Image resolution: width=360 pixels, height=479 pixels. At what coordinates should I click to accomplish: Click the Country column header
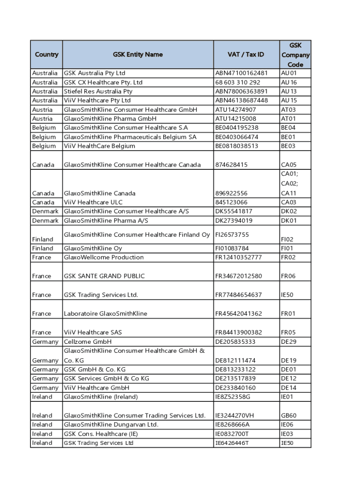pos(47,55)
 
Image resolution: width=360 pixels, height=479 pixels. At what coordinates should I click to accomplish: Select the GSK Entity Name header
pos(138,55)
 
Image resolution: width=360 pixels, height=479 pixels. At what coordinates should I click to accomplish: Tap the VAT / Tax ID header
pos(246,55)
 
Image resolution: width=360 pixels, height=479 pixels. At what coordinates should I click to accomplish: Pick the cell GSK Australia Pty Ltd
pos(95,73)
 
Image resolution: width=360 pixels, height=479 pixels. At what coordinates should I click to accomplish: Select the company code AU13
pos(288,91)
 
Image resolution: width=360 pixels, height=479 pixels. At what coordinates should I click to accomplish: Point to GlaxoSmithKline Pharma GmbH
pos(110,118)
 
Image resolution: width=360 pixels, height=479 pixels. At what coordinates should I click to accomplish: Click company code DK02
pos(288,211)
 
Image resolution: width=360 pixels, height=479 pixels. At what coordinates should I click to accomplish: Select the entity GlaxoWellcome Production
pos(104,257)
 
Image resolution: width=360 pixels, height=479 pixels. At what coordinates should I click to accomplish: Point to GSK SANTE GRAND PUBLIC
pos(104,276)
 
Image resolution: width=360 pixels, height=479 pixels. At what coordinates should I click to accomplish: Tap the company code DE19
pos(288,361)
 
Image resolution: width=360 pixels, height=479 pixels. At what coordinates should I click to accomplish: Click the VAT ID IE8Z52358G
pos(233,397)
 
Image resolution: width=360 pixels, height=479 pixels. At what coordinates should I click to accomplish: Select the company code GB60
pos(288,415)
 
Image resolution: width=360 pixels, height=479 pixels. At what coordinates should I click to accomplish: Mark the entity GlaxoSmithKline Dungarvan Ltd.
pos(111,424)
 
